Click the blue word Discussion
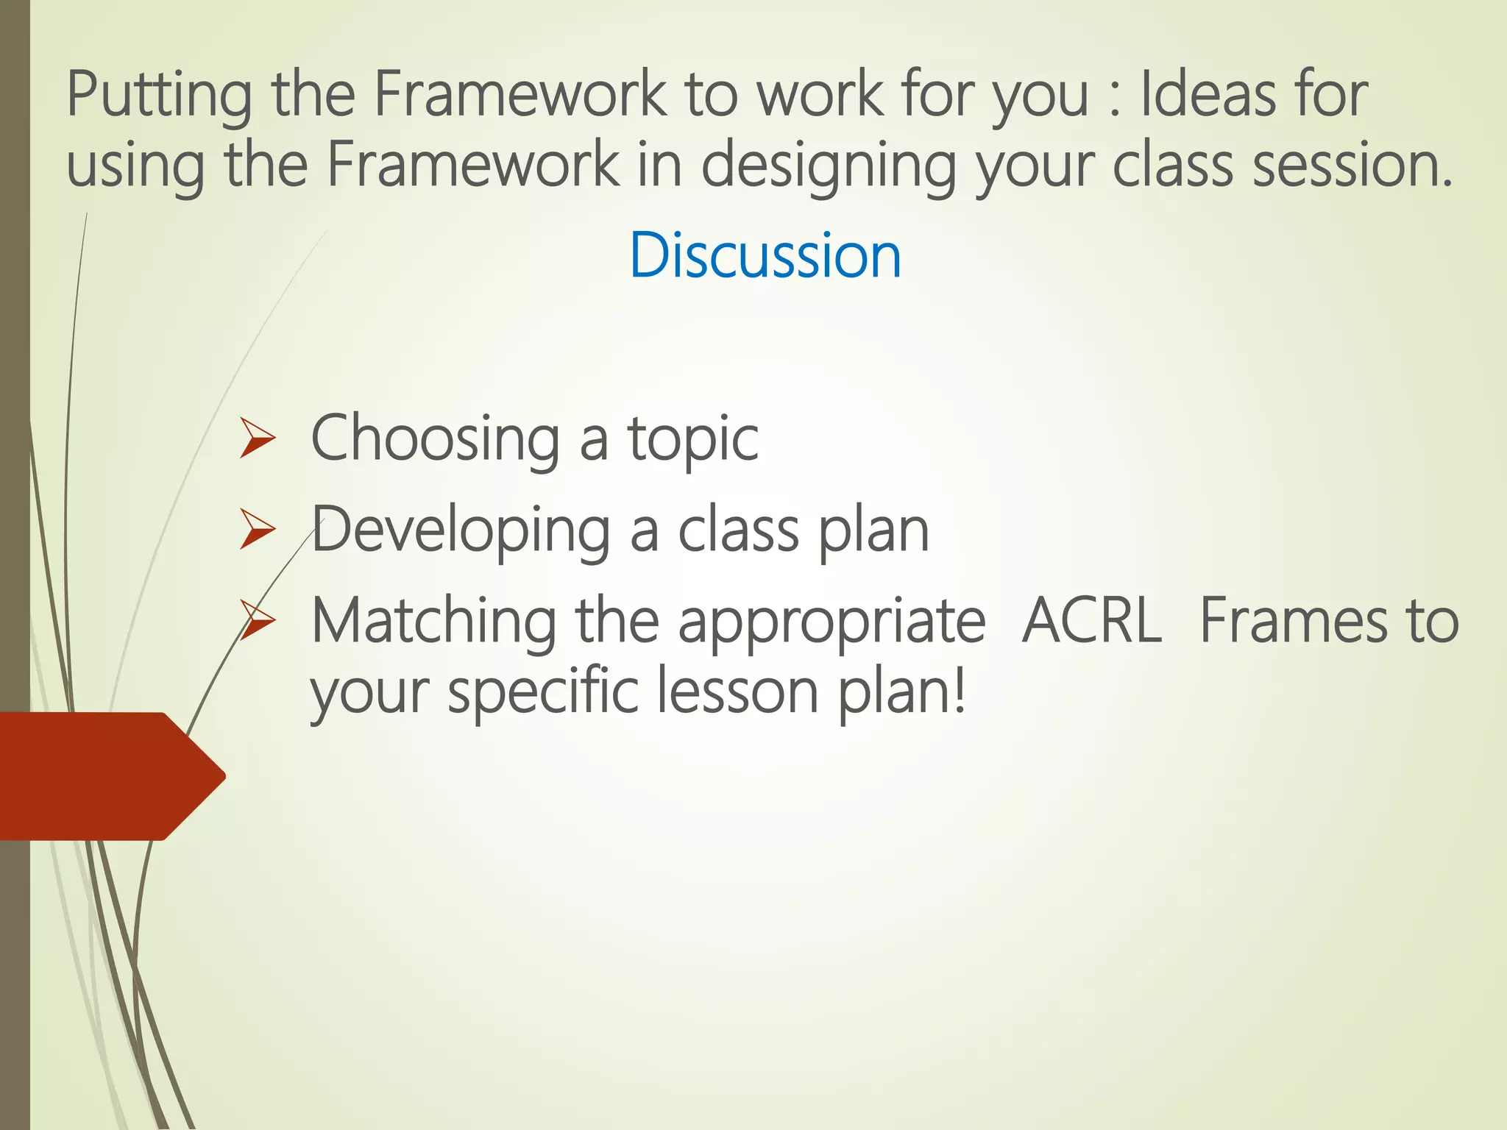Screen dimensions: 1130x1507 click(765, 255)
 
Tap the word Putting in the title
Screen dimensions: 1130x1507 click(159, 96)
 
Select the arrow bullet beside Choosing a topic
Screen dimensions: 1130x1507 click(257, 440)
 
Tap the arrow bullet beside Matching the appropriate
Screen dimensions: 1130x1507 click(257, 622)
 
